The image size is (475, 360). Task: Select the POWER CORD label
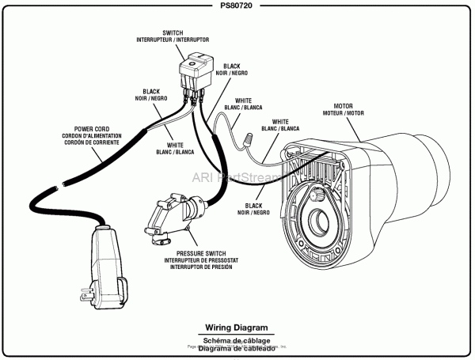pos(91,127)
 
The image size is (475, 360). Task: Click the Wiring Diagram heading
pos(237,327)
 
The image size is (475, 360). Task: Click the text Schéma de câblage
pos(237,339)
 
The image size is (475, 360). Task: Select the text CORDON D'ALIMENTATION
pos(91,135)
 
